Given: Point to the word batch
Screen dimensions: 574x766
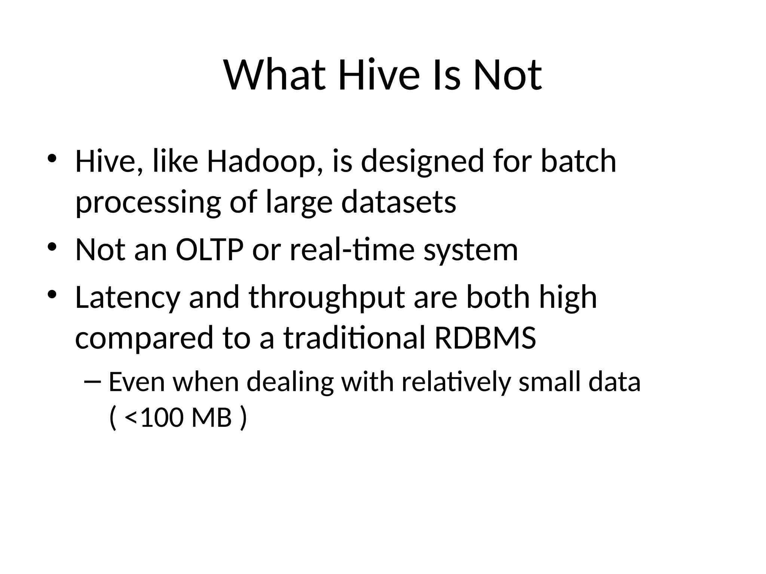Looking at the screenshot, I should pyautogui.click(x=578, y=161).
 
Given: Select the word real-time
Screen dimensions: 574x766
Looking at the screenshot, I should pyautogui.click(x=352, y=250).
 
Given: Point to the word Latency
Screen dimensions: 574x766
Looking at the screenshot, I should pyautogui.click(x=128, y=298).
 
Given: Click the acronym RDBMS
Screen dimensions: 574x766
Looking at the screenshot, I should pyautogui.click(x=485, y=338).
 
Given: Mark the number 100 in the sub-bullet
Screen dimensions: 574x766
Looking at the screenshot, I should pyautogui.click(x=162, y=417).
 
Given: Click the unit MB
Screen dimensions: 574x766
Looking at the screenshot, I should pyautogui.click(x=211, y=417).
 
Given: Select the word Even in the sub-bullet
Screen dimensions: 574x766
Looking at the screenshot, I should pyautogui.click(x=137, y=382).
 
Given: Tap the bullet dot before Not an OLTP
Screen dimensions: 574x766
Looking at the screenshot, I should pyautogui.click(x=52, y=247).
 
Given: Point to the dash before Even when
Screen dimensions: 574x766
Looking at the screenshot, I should pyautogui.click(x=92, y=382).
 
